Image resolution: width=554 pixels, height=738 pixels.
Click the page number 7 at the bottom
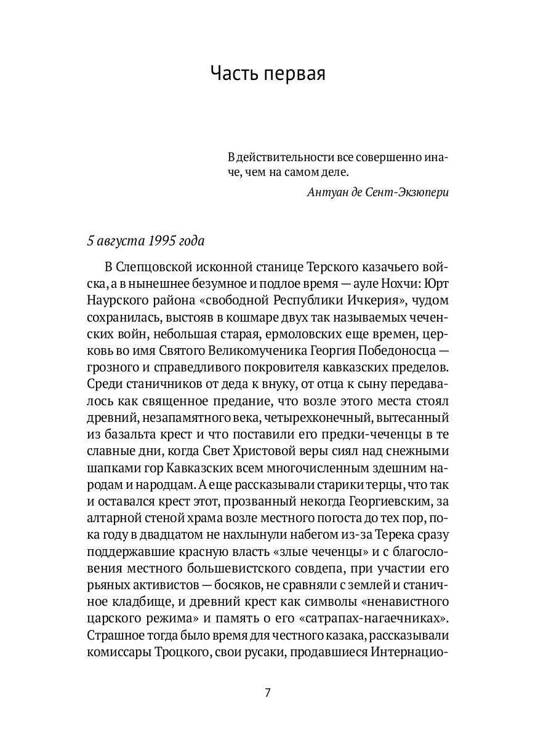point(268,692)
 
